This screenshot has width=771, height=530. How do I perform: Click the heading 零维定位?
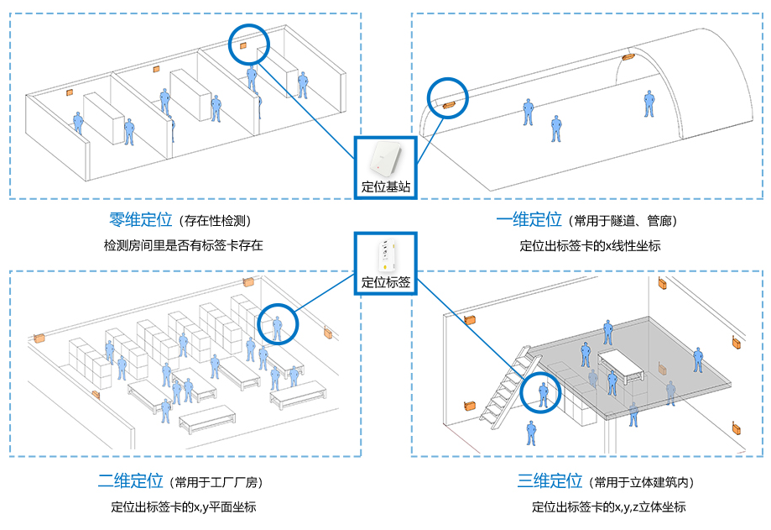140,220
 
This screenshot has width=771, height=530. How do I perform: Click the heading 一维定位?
529,220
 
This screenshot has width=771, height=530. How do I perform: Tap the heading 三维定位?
550,481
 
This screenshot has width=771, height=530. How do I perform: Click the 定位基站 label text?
386,186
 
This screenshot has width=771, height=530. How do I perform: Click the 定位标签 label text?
386,282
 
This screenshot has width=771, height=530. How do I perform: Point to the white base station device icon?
385,158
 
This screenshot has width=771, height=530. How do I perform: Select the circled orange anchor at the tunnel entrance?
447,103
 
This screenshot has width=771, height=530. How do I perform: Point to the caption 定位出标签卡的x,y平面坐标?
183,506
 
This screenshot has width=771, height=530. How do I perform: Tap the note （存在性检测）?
213,221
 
